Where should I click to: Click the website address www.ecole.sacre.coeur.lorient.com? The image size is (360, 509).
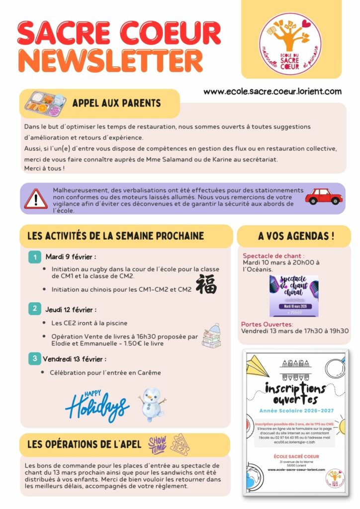tap(272, 91)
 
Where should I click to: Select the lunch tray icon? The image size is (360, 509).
tap(46, 103)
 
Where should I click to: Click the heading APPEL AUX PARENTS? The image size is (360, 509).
tap(116, 103)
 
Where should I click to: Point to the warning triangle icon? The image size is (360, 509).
tap(36, 198)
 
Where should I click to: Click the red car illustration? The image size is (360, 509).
tap(324, 197)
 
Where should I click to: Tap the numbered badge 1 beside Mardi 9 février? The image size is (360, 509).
tap(34, 257)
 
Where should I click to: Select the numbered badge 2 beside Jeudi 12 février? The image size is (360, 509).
tap(34, 309)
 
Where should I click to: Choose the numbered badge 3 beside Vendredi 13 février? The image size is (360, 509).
tap(34, 358)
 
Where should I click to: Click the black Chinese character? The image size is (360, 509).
tap(206, 284)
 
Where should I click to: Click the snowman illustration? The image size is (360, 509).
tap(152, 404)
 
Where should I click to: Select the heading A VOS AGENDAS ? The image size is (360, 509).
tap(296, 236)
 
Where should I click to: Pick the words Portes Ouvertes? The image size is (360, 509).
tap(267, 324)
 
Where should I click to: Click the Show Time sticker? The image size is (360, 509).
tap(158, 444)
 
